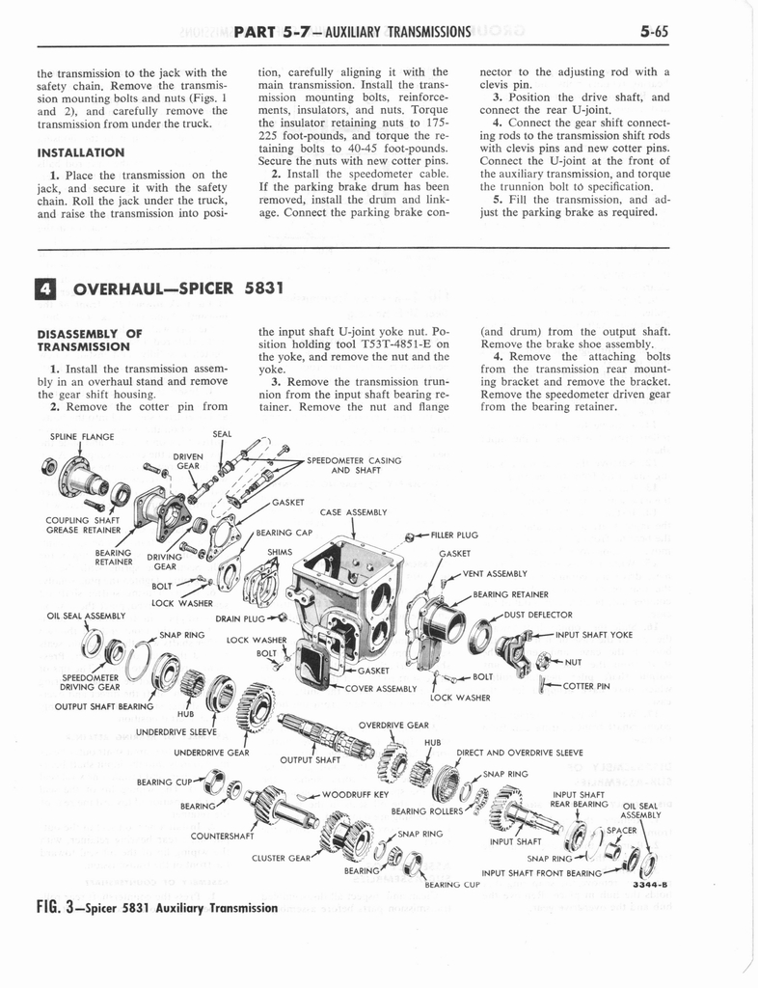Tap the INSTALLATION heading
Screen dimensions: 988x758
pos(81,152)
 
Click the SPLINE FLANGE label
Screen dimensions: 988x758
pos(81,436)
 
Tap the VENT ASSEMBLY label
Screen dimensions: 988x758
pos(493,574)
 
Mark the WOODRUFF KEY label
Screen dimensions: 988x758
pos(355,795)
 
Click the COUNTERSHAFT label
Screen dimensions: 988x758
pos(223,836)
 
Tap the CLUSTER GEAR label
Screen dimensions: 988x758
pos(280,856)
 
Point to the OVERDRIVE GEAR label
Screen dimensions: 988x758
pos(393,724)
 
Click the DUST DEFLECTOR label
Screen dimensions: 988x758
pos(538,615)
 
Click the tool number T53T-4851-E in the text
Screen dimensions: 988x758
pos(406,344)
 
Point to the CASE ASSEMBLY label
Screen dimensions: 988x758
pos(353,511)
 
